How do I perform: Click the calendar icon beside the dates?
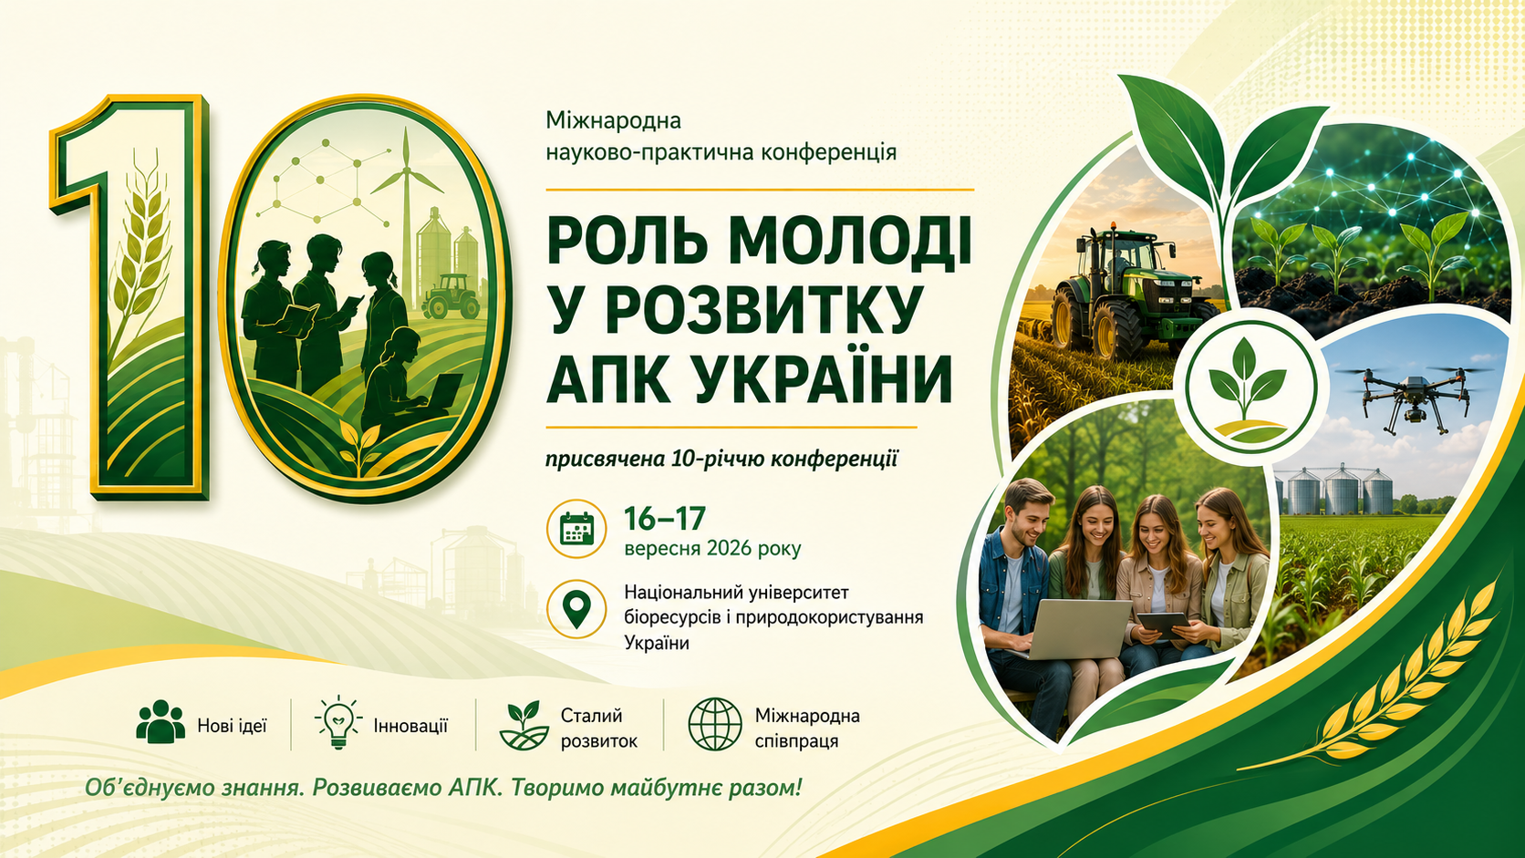pos(576,529)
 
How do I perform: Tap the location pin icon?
pos(576,609)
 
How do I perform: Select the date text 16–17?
pos(665,519)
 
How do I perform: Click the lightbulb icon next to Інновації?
pos(338,723)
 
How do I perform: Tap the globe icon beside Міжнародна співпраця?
pos(715,724)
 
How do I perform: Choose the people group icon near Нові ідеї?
pos(161,721)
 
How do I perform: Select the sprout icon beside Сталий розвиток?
pos(524,725)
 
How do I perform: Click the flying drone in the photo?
pos(1414,397)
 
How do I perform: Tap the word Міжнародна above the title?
pos(614,121)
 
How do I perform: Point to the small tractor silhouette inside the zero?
pos(451,296)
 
